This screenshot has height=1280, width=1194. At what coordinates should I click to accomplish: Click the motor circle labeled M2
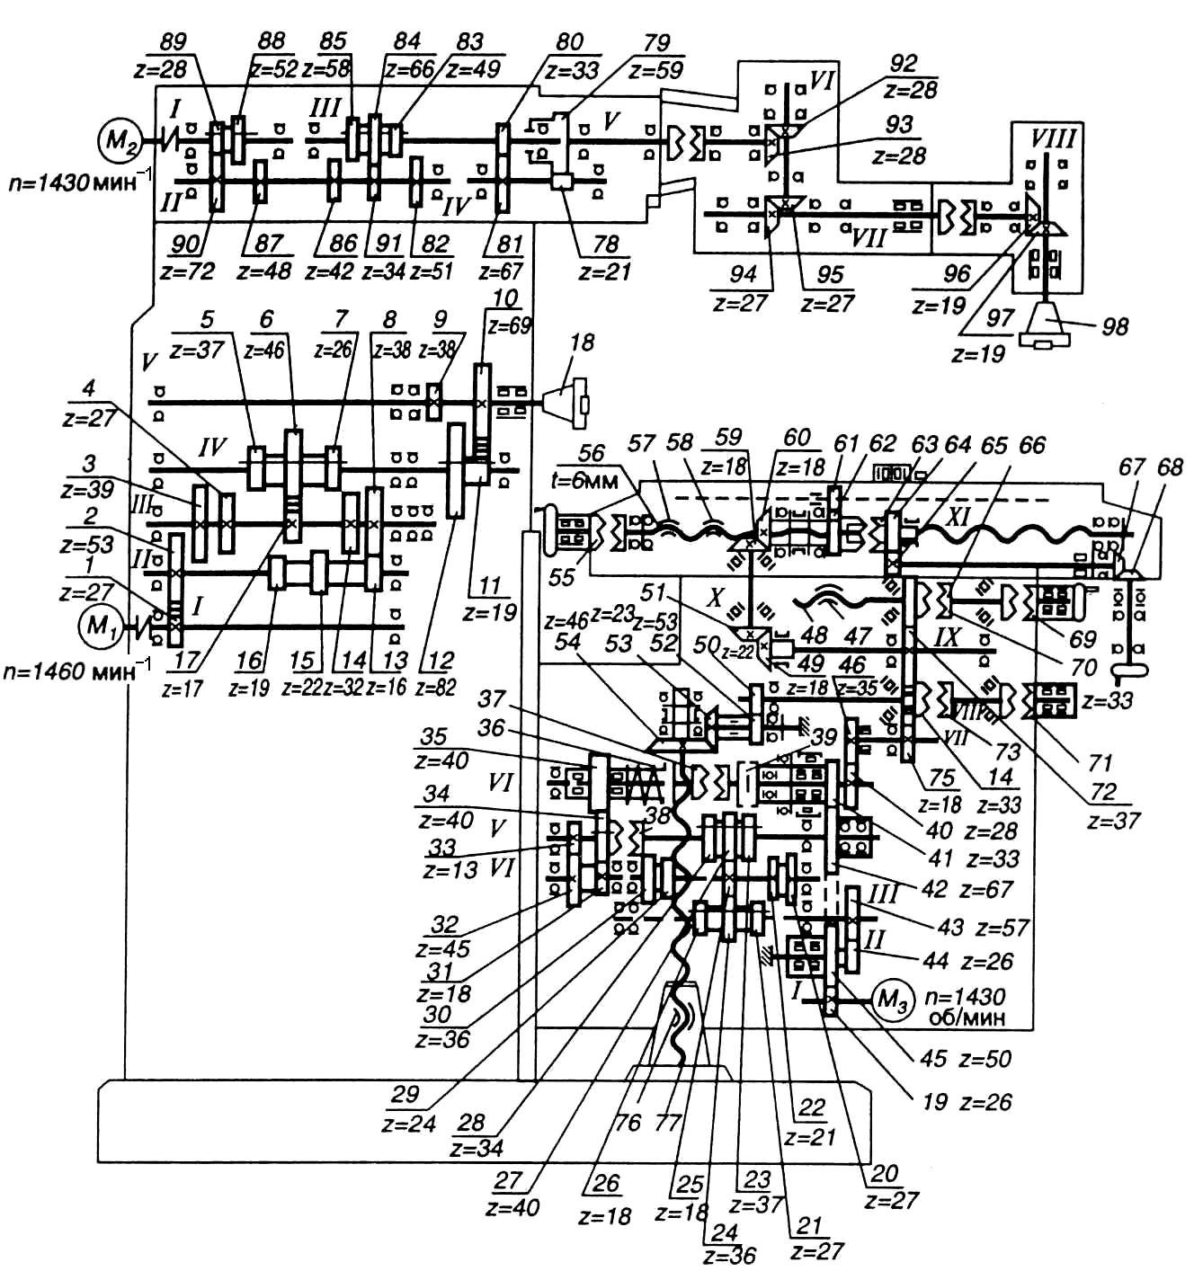click(117, 140)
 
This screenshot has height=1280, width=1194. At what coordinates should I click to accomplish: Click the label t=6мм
click(593, 481)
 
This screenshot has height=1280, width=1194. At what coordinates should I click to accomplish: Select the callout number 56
click(592, 453)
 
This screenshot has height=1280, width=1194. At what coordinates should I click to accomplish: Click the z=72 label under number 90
click(185, 270)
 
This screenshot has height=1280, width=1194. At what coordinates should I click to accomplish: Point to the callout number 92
click(904, 63)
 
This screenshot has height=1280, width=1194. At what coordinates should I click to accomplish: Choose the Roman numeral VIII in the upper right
click(1054, 139)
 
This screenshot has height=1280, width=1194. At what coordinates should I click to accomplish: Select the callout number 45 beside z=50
click(934, 1058)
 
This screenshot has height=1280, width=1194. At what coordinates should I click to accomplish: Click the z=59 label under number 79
click(657, 69)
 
